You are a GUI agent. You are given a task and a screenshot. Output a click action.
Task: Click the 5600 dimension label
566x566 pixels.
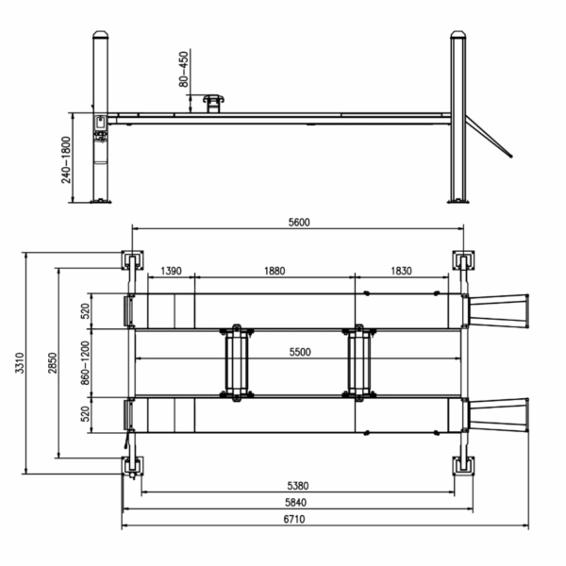[299, 223]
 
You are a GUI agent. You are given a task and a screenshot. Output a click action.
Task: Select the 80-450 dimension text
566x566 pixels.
[184, 69]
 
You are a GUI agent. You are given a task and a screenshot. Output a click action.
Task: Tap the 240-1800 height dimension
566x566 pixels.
[66, 160]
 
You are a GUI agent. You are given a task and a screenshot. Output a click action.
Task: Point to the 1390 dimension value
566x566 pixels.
[171, 271]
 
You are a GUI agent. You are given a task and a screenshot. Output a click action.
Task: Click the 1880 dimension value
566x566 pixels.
[275, 271]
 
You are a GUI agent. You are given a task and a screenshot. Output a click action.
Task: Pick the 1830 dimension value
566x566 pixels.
[402, 271]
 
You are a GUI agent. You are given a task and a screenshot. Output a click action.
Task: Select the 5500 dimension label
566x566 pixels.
[300, 352]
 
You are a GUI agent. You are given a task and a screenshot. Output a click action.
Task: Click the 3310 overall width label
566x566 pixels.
[20, 363]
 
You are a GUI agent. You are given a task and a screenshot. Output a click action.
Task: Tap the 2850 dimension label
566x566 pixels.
[53, 363]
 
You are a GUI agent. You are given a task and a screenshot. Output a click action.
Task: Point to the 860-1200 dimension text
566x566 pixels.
[85, 363]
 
